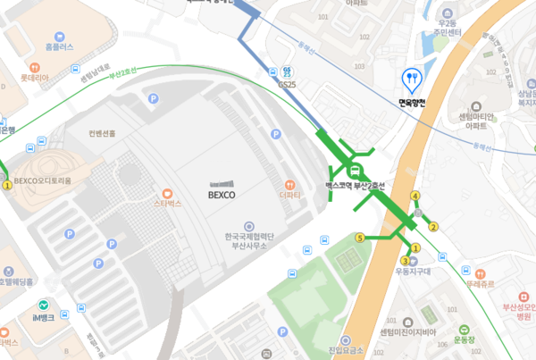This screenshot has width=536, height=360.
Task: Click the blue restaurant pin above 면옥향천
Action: coord(411,80)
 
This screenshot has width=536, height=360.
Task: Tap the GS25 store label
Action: coord(288,84)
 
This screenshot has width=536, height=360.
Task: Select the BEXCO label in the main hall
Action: coord(221,193)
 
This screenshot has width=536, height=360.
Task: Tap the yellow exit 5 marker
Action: coord(360,238)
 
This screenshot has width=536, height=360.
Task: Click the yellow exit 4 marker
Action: coord(415,196)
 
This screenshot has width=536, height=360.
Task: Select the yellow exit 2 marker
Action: coord(433,226)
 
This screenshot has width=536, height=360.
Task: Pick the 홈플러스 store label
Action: coord(59,46)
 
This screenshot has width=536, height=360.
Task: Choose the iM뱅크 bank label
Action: coord(42,317)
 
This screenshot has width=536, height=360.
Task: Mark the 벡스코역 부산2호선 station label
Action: coord(355,186)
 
